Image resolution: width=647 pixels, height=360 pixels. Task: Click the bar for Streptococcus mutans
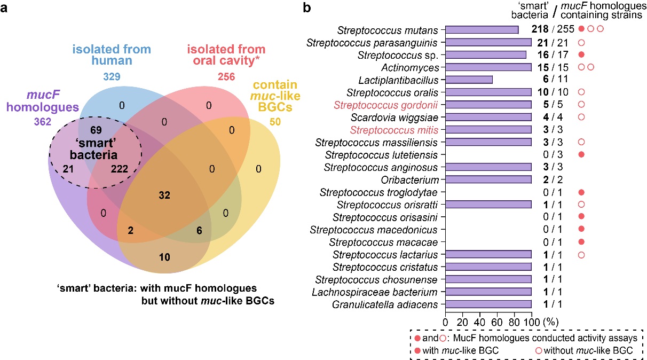[482, 30]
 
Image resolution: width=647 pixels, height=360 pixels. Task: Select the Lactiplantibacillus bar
[469, 80]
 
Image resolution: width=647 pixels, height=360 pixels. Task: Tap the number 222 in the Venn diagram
[119, 169]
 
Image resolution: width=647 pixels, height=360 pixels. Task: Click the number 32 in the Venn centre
[164, 195]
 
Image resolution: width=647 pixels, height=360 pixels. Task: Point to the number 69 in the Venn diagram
[96, 130]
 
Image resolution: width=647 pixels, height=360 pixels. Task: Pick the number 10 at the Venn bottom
[164, 257]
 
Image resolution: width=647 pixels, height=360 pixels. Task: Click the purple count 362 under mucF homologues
[43, 122]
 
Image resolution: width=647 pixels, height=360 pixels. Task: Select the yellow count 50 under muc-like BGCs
[275, 122]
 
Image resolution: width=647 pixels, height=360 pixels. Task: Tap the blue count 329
[112, 76]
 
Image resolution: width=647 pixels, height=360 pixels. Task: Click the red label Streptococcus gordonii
[385, 105]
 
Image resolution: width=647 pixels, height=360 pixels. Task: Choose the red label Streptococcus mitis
[394, 130]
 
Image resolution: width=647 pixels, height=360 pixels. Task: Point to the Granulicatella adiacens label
[385, 304]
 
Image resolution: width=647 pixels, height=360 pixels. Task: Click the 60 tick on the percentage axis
[497, 322]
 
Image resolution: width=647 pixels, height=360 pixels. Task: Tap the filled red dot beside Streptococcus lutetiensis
[581, 154]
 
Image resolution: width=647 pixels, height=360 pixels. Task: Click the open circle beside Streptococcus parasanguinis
[581, 43]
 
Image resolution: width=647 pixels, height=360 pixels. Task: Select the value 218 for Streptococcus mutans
[540, 29]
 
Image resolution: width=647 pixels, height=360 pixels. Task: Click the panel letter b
[307, 7]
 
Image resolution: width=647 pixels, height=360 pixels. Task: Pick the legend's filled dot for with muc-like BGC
[417, 351]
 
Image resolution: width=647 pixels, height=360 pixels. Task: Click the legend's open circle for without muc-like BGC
[539, 351]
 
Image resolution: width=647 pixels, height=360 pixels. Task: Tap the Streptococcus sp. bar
[486, 55]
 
